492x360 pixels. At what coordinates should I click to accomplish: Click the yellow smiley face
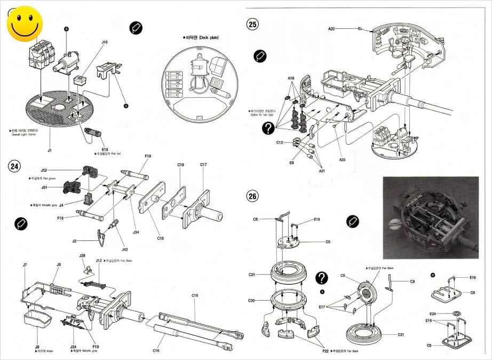(x=25, y=25)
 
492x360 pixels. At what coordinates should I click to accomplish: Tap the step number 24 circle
(x=14, y=166)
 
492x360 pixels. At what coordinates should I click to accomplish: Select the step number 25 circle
(x=252, y=24)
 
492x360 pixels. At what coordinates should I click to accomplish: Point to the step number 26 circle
(x=252, y=196)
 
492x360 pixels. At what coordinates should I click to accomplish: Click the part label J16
(x=104, y=41)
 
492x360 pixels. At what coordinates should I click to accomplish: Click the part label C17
(x=203, y=165)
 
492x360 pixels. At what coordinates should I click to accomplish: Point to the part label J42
(x=124, y=249)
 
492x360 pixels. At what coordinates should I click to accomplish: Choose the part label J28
(x=83, y=256)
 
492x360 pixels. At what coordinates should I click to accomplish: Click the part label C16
(x=156, y=350)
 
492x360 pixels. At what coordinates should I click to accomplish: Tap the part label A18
(x=291, y=79)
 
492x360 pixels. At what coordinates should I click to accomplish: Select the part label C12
(x=280, y=143)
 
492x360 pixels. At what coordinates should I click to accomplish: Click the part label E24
(x=433, y=314)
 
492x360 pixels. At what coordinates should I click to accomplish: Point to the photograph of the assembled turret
(x=431, y=218)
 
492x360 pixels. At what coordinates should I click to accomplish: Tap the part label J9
(x=37, y=347)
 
